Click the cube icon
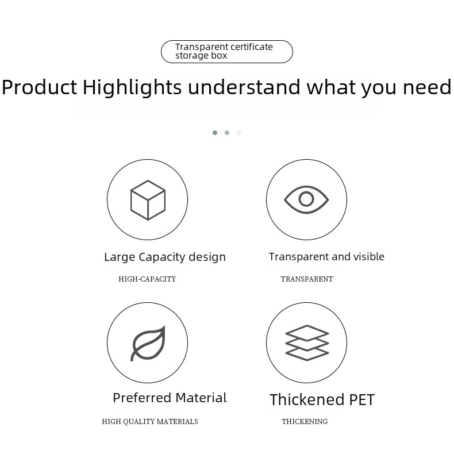pyautogui.click(x=148, y=200)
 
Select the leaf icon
pyautogui.click(x=148, y=343)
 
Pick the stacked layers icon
pyautogui.click(x=307, y=342)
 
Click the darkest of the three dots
pyautogui.click(x=215, y=133)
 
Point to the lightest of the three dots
pyautogui.click(x=239, y=133)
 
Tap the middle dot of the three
pyautogui.click(x=227, y=133)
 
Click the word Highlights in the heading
pyautogui.click(x=132, y=88)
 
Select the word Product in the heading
pyautogui.click(x=39, y=87)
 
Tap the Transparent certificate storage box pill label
pyautogui.click(x=227, y=52)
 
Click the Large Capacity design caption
pyautogui.click(x=165, y=257)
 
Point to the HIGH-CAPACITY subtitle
pyautogui.click(x=147, y=279)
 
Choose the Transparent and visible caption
pyautogui.click(x=326, y=256)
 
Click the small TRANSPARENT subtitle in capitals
pyautogui.click(x=307, y=279)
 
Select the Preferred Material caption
pyautogui.click(x=170, y=398)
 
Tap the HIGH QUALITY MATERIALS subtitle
pyautogui.click(x=150, y=421)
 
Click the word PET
pyautogui.click(x=362, y=400)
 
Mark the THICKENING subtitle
pyautogui.click(x=305, y=421)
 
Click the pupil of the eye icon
pyautogui.click(x=306, y=199)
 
